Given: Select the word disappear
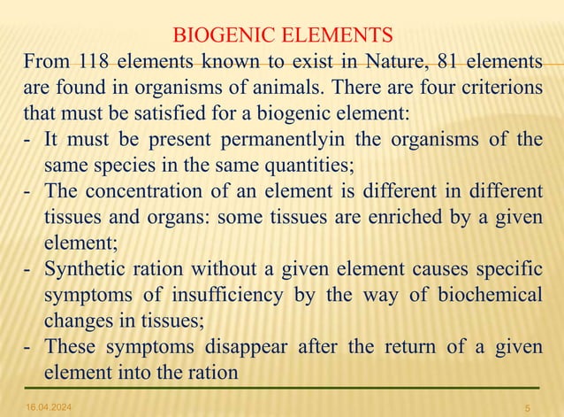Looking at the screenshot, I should pos(240,346).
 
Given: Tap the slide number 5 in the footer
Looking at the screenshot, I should pos(527,406).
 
